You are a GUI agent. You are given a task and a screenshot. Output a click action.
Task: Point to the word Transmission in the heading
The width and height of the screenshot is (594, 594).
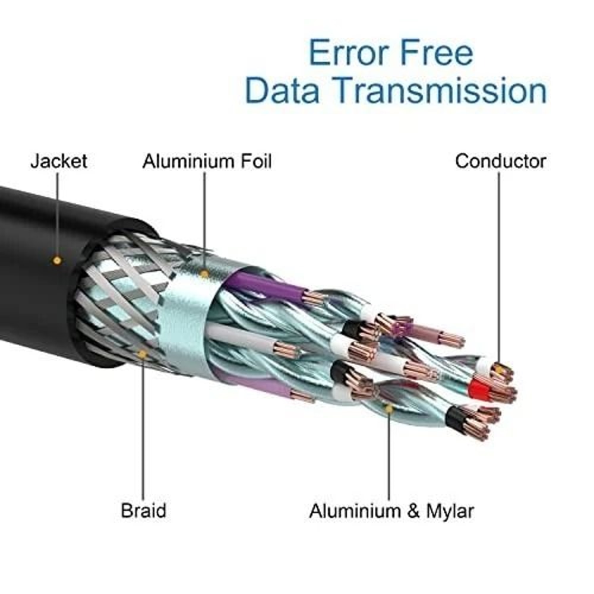click(x=440, y=91)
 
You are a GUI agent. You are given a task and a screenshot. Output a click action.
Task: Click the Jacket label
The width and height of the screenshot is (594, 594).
click(x=58, y=161)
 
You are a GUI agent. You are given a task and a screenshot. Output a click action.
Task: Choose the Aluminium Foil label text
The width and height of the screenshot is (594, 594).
click(x=207, y=161)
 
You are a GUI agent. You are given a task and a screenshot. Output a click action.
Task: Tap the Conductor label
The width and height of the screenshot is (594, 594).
click(x=500, y=161)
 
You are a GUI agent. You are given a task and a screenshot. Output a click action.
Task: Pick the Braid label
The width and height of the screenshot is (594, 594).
click(x=143, y=510)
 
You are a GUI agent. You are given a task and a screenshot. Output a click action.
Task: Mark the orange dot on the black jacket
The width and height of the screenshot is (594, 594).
click(x=57, y=260)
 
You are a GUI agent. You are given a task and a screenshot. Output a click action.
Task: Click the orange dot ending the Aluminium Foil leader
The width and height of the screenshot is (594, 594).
click(x=204, y=274)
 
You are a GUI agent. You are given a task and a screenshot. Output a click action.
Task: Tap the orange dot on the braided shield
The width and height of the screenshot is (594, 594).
click(x=143, y=355)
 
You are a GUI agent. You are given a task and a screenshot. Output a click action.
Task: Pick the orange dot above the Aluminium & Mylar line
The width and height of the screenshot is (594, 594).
click(x=389, y=409)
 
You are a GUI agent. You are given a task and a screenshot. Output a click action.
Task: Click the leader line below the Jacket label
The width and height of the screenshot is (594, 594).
click(x=58, y=214)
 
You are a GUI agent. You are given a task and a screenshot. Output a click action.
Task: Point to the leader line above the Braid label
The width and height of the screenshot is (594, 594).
click(x=143, y=428)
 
